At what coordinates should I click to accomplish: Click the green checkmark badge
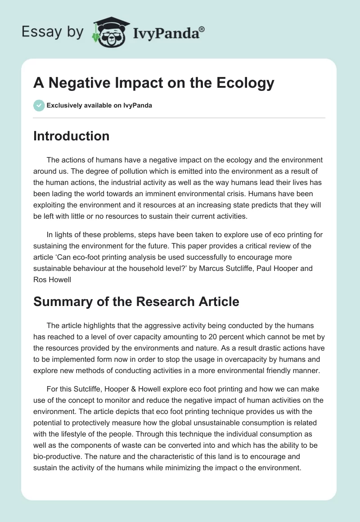pyautogui.click(x=39, y=105)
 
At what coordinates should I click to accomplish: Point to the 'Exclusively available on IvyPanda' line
pyautogui.click(x=99, y=105)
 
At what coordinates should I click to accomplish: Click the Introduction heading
pyautogui.click(x=71, y=136)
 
